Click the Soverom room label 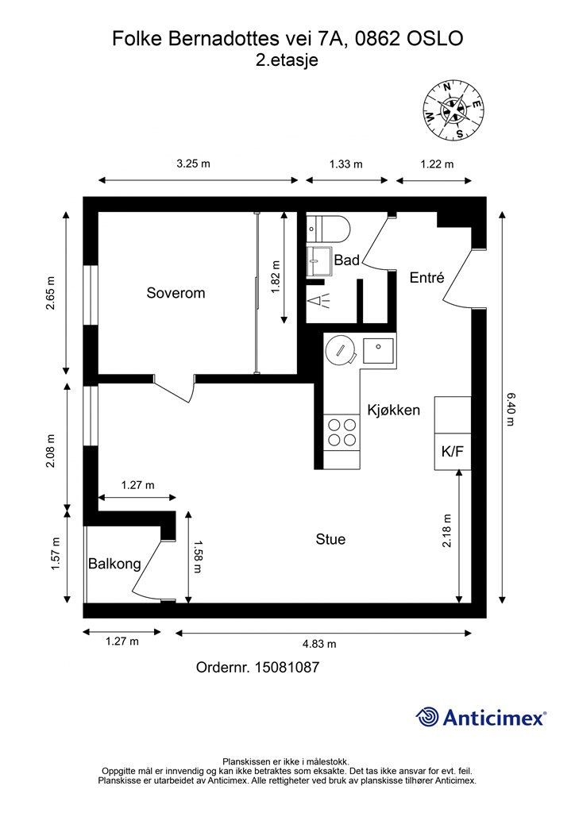176,293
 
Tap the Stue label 330,539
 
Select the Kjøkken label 394,410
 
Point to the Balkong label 114,564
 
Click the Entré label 426,277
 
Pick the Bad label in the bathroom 347,260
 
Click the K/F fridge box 453,452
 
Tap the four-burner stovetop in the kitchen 342,433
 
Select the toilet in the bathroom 328,229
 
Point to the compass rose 453,110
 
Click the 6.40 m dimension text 510,409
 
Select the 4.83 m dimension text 319,644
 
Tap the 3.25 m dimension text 194,164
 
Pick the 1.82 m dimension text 276,277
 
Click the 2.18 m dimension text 447,530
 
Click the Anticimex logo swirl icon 427,717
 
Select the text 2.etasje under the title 287,60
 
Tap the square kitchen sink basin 379,351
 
